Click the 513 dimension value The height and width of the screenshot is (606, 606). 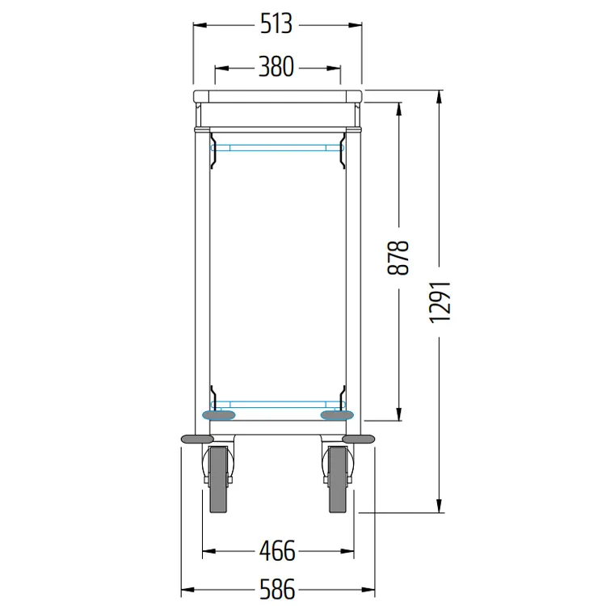(276, 24)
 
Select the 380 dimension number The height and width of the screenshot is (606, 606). (276, 67)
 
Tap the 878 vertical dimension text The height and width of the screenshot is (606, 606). (398, 258)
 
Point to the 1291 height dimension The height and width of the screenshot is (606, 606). (440, 302)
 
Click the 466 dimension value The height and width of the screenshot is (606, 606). (277, 551)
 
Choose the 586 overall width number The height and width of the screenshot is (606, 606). (277, 589)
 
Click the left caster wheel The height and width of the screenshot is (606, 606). (218, 479)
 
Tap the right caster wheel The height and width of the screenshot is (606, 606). (339, 479)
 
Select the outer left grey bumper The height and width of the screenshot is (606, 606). (196, 439)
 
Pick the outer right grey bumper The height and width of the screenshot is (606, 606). (359, 439)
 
